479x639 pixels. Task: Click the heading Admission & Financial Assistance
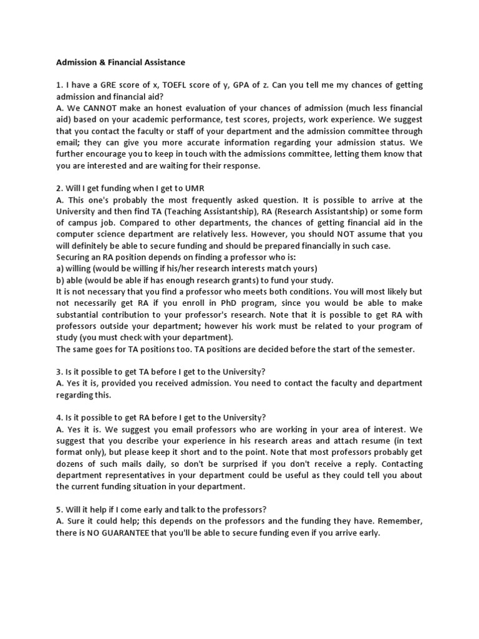click(120, 62)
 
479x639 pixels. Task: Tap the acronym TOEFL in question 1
click(177, 85)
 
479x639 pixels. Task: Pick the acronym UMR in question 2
click(193, 188)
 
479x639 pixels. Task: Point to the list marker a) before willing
click(60, 268)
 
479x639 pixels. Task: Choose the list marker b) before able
click(60, 280)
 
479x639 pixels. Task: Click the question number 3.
click(59, 372)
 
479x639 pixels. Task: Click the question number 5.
click(59, 509)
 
